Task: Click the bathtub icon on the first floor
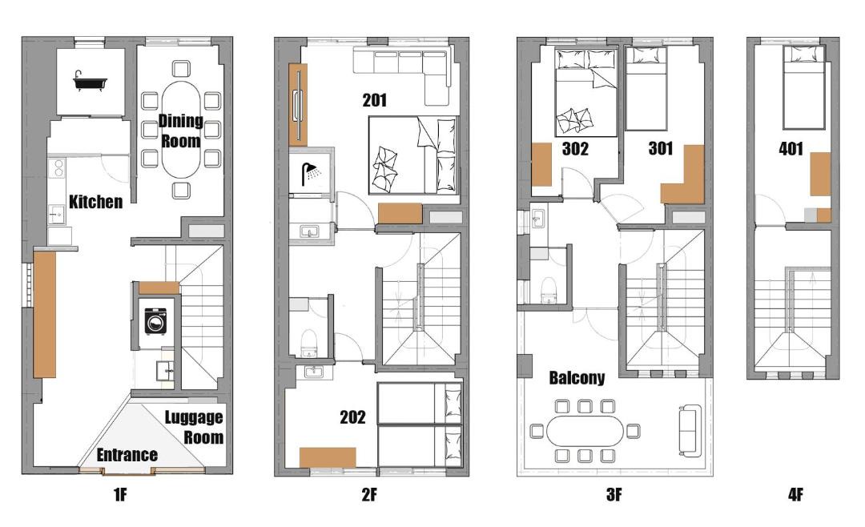coord(90,81)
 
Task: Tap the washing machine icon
coord(155,320)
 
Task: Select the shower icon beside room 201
coord(312,174)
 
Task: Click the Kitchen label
coord(95,201)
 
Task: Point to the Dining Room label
coord(180,131)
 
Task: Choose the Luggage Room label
coord(194,427)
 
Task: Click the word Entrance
coord(127,455)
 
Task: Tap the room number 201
coord(375,100)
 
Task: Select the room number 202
coord(352,416)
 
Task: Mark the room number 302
coord(575,148)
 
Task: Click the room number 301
coord(660,148)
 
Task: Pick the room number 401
coord(791,148)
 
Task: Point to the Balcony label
coord(577,378)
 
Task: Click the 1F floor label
coord(120,495)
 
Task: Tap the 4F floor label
coord(795,495)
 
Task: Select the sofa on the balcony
coord(690,430)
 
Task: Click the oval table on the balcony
coord(585,430)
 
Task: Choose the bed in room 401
coord(804,87)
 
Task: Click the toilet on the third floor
coord(549,290)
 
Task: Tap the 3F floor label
coord(614,495)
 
